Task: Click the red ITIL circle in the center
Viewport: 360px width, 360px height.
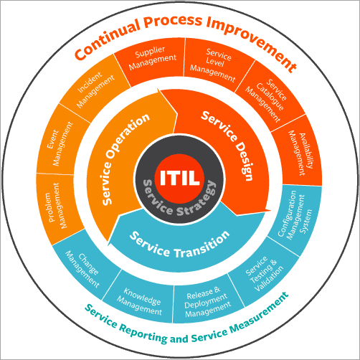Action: [180, 175]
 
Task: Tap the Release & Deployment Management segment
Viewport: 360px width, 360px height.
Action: [208, 301]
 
